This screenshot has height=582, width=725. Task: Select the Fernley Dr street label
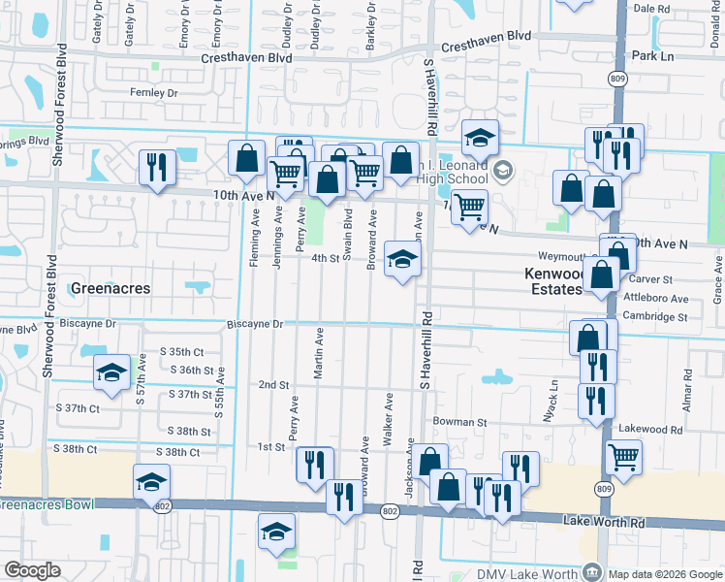tap(154, 93)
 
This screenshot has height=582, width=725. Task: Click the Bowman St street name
tap(459, 422)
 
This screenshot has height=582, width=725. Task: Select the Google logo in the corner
tap(32, 570)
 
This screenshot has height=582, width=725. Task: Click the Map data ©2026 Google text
tap(664, 574)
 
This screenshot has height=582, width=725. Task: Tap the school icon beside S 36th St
tap(112, 373)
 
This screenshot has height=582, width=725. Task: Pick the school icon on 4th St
tap(403, 259)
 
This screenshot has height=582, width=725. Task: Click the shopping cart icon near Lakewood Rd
tap(623, 456)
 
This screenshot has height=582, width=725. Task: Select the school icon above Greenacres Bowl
tap(152, 482)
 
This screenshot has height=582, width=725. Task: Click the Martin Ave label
tap(319, 350)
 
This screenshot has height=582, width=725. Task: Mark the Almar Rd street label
tap(687, 391)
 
